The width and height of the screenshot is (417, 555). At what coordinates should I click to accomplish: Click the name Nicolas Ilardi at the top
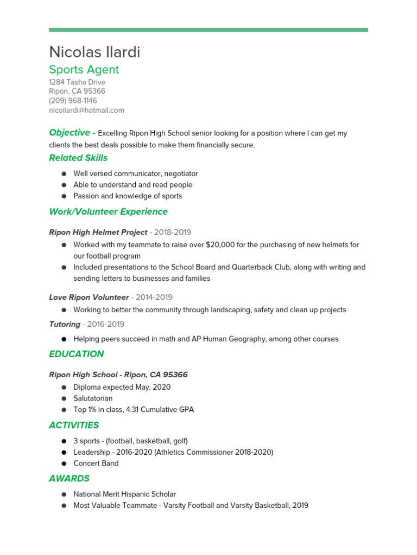[x=94, y=52]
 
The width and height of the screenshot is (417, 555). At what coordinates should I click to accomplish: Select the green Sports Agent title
[x=84, y=70]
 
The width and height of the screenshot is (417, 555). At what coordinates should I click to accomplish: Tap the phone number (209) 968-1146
[x=73, y=101]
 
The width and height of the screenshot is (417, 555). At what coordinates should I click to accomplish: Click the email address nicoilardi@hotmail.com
[x=86, y=110]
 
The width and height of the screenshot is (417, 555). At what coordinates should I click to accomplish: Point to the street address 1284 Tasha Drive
[x=77, y=82]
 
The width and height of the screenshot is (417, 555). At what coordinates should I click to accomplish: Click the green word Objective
[x=69, y=133]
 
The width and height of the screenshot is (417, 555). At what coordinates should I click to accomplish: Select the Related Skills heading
[x=78, y=158]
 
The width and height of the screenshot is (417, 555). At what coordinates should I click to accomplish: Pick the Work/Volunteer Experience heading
[x=108, y=212]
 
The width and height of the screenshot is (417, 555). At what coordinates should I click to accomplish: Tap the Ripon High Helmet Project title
[x=98, y=233]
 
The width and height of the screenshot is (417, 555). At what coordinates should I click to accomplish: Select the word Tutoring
[x=64, y=325]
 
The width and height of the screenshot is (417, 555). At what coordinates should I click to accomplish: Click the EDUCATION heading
[x=76, y=354]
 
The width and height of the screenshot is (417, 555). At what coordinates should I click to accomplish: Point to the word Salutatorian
[x=93, y=398]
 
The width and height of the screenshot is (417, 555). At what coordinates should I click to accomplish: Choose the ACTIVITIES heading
[x=74, y=425]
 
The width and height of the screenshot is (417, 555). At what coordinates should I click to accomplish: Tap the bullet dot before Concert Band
[x=64, y=464]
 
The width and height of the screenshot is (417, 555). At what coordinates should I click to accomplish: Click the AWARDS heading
[x=69, y=479]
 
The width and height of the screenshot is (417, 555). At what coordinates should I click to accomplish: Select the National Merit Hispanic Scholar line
[x=124, y=494]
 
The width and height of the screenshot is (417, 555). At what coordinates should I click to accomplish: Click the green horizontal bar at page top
[x=208, y=30]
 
